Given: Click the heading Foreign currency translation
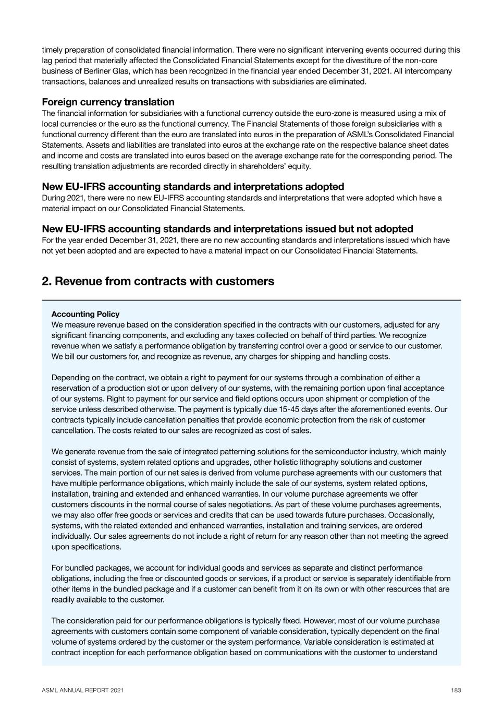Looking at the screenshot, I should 108,102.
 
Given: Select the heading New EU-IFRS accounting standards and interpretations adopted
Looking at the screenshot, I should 193,187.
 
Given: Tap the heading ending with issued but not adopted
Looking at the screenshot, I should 227,229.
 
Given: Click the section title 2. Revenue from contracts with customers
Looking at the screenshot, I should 157,282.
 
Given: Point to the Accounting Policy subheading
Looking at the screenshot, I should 85,314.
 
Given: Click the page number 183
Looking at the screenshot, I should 456,690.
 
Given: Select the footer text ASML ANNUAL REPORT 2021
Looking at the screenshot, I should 83,690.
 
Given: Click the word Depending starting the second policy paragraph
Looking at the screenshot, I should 69,378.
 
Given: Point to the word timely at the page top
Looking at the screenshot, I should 52,50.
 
